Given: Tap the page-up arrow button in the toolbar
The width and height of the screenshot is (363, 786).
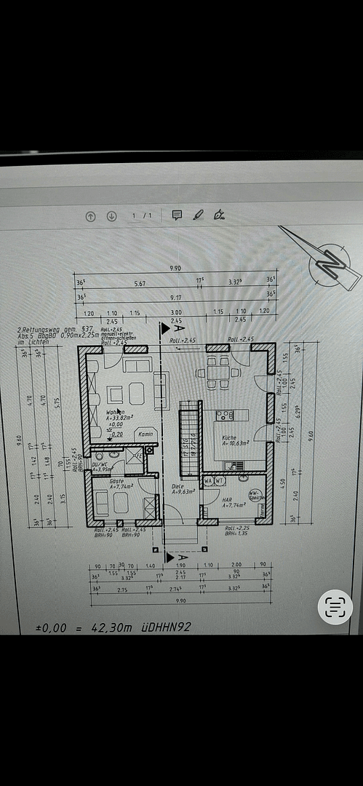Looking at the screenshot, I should tap(91, 215).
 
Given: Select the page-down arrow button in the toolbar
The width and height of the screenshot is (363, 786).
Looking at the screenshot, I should tap(111, 215).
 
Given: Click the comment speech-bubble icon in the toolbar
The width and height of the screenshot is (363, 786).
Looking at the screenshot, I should tap(176, 215).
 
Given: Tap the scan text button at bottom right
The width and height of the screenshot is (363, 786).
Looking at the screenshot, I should tap(335, 607).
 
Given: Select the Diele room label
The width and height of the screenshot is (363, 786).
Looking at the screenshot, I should tap(177, 488).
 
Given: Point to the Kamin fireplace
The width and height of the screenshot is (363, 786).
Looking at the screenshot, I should tap(145, 434).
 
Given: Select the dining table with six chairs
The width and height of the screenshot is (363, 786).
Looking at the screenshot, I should tap(215, 373).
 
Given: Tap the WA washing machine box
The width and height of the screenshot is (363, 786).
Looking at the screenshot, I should tap(208, 480).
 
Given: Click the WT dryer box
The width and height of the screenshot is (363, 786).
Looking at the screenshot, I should tap(219, 480).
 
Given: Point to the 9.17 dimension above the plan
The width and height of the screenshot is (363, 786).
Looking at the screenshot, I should tap(177, 297).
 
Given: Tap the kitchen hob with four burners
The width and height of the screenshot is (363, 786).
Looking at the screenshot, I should tap(225, 416).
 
